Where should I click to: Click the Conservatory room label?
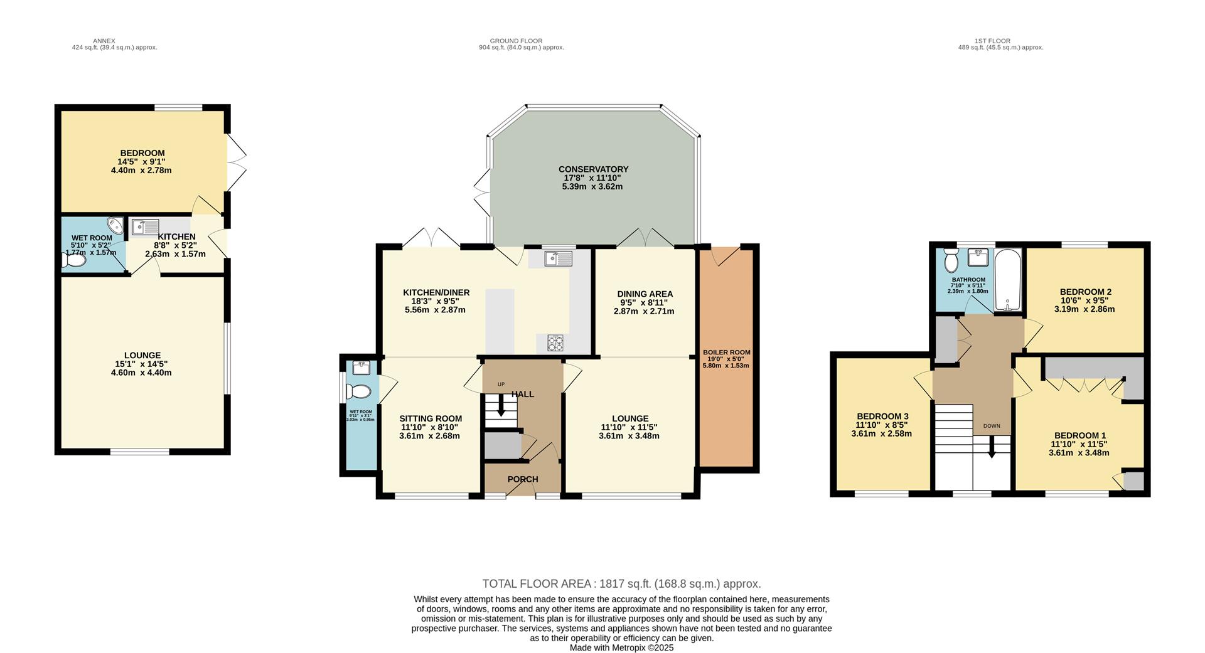[593, 169]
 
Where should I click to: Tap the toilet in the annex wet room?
[73, 260]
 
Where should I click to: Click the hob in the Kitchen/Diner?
[555, 343]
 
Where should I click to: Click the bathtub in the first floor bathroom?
[1009, 280]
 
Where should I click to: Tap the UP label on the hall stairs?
[501, 385]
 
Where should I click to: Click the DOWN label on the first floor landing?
[992, 426]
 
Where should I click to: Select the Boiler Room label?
[726, 353]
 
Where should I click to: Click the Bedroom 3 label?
[882, 417]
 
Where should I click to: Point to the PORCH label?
[523, 479]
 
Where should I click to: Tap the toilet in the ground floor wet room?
[359, 392]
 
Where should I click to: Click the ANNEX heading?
[104, 41]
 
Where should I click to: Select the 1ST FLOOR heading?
[992, 41]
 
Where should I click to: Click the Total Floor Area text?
[621, 584]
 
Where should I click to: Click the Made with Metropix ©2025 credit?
[621, 648]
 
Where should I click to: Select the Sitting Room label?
[431, 419]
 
